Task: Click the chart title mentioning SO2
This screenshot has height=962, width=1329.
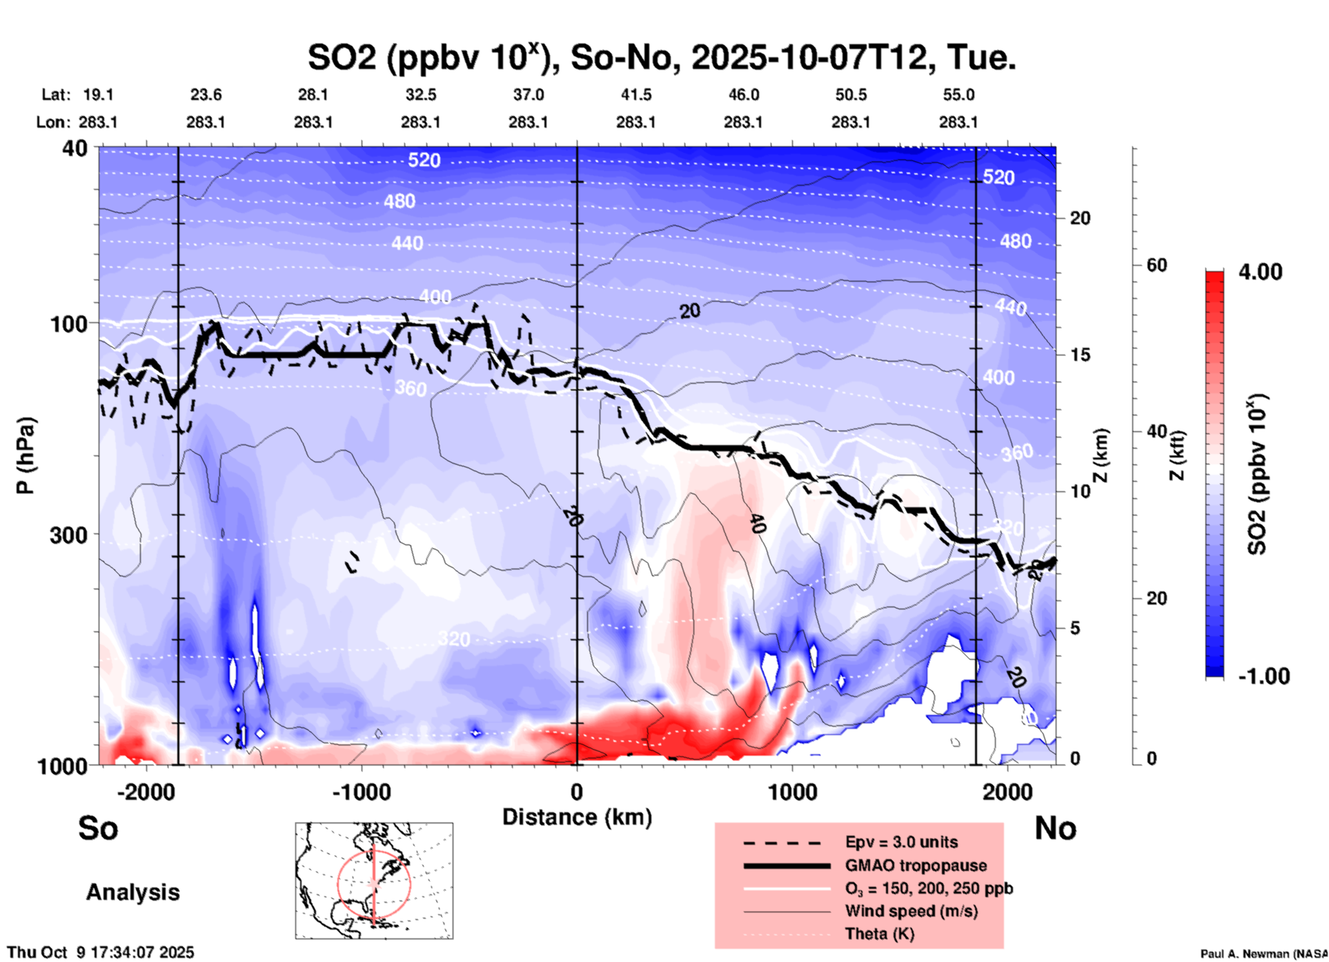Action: [x=661, y=58]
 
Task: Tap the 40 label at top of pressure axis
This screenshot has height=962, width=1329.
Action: [x=76, y=148]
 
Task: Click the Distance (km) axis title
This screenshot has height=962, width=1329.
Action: [x=577, y=817]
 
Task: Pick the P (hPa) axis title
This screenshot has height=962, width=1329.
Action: [x=26, y=455]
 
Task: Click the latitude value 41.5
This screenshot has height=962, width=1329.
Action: [x=636, y=95]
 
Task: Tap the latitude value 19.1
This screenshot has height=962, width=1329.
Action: [x=98, y=95]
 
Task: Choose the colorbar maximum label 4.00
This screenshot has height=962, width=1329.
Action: [x=1260, y=272]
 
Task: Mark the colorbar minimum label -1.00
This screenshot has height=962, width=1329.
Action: [x=1263, y=676]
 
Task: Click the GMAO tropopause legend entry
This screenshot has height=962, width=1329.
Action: [x=916, y=865]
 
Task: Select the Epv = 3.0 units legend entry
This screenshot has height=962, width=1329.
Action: [x=901, y=842]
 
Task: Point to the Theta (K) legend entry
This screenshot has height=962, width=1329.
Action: [x=879, y=934]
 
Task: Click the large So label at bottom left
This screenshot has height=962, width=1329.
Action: [x=98, y=828]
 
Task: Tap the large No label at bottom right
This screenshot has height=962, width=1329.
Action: [x=1055, y=828]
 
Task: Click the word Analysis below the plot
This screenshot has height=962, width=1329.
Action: [x=132, y=892]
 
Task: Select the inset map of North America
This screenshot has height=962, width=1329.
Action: [x=374, y=881]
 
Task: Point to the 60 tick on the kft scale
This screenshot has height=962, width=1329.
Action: [x=1156, y=266]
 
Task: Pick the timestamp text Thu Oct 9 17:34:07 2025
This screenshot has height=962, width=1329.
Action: [x=101, y=952]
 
